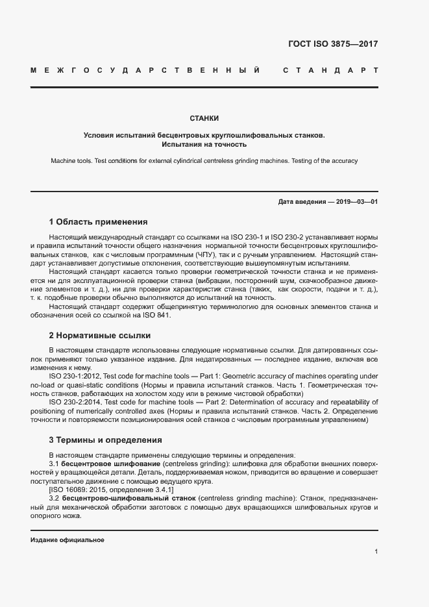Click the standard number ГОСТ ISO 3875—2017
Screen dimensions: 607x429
point(332,45)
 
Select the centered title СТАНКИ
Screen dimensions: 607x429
point(204,118)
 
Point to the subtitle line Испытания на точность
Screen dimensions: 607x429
point(204,145)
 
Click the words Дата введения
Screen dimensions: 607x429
point(302,202)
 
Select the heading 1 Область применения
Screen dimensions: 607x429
point(98,221)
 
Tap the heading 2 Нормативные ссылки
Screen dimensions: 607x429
point(99,336)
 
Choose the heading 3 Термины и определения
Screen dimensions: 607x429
point(105,440)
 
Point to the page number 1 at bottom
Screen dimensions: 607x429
point(376,551)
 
